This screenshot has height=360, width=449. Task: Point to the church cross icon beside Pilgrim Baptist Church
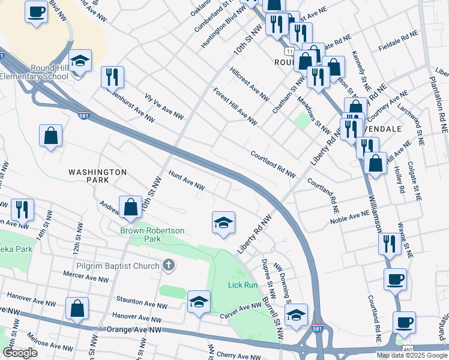169,265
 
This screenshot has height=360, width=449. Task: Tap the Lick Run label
243,285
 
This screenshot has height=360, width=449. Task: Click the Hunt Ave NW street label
187,182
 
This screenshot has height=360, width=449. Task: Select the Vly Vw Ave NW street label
164,106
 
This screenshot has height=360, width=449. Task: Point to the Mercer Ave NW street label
86,279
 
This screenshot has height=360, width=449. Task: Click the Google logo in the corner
20,353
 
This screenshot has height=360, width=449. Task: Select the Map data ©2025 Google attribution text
412,355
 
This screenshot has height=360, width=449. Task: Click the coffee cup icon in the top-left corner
37,11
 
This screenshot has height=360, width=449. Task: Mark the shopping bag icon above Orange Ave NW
77,309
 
